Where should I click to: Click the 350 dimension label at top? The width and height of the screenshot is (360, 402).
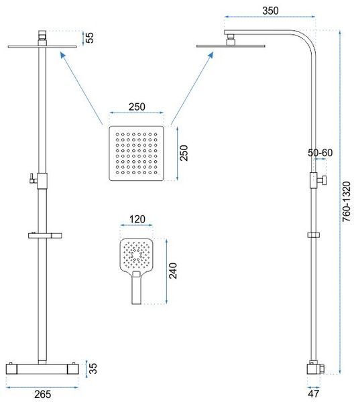pos(270,11)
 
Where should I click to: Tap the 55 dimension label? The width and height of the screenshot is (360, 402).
pos(90,38)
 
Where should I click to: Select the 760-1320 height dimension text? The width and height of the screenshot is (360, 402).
pos(346,202)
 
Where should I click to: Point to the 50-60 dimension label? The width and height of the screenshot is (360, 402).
pos(320,153)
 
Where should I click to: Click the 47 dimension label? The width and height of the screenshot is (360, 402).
pos(313,393)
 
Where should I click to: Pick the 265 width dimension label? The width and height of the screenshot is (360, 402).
pos(43,394)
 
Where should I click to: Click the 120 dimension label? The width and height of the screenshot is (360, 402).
pos(137,220)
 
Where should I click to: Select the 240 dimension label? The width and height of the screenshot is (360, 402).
pos(173,271)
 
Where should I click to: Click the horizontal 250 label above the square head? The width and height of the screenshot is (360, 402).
pos(137,107)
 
